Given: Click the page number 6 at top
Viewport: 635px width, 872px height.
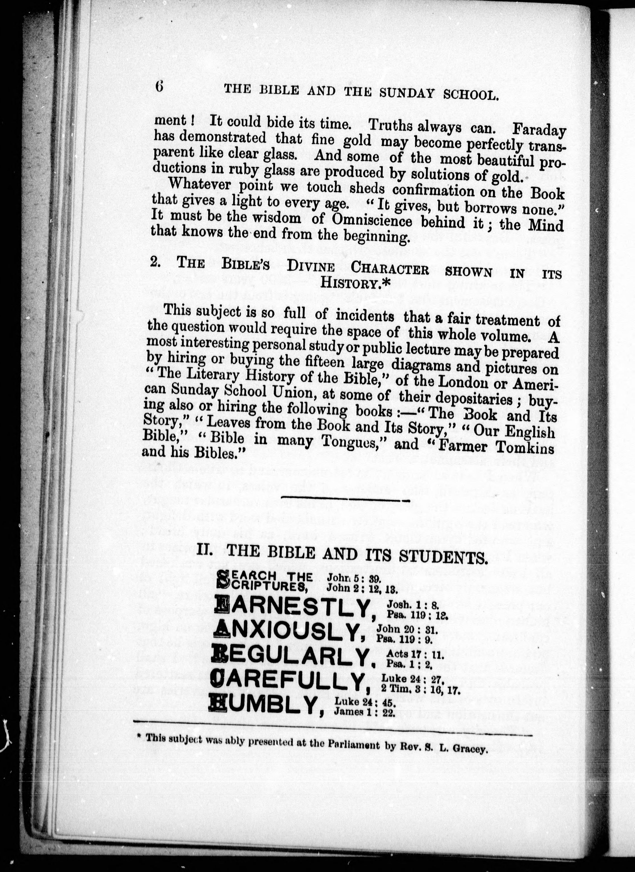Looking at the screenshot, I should coord(159,87).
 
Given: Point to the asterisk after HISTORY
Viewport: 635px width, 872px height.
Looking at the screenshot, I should coord(386,282).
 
